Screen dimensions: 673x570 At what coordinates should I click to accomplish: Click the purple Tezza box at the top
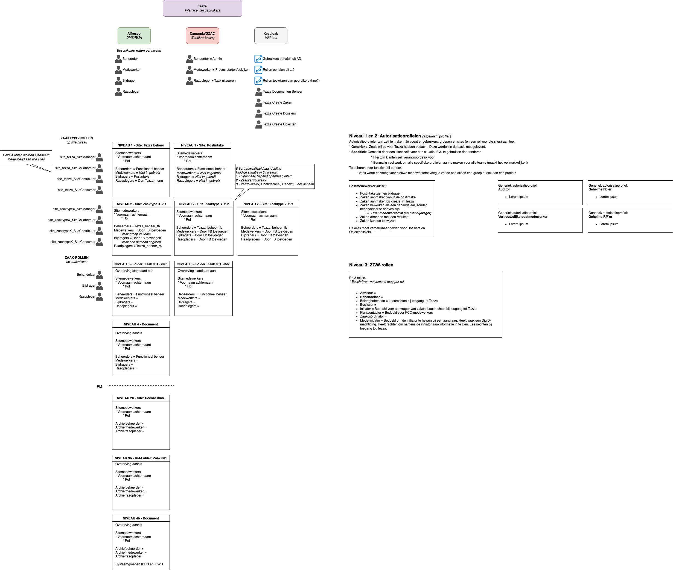pyautogui.click(x=202, y=8)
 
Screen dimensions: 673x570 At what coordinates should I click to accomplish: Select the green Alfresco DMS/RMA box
pyautogui.click(x=134, y=36)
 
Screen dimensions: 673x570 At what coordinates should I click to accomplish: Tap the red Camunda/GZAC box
pyautogui.click(x=202, y=36)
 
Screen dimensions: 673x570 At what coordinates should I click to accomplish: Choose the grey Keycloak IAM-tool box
pyautogui.click(x=271, y=36)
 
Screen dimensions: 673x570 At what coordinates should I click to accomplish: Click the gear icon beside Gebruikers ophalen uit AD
pyautogui.click(x=258, y=59)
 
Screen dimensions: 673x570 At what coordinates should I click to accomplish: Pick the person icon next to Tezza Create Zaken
pyautogui.click(x=259, y=102)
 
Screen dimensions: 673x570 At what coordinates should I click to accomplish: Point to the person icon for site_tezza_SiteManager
pyautogui.click(x=100, y=157)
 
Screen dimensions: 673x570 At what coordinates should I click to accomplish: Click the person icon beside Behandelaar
pyautogui.click(x=100, y=275)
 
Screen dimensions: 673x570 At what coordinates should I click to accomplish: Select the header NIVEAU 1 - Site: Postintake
pyautogui.click(x=202, y=145)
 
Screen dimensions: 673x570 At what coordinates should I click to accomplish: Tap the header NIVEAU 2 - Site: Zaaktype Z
pyautogui.click(x=268, y=204)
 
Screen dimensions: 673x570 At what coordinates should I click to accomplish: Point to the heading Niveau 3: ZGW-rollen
pyautogui.click(x=371, y=265)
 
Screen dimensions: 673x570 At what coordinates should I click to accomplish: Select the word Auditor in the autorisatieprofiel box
pyautogui.click(x=504, y=189)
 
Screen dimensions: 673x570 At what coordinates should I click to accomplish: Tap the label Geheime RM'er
pyautogui.click(x=600, y=217)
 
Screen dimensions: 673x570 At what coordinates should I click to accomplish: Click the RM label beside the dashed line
pyautogui.click(x=99, y=386)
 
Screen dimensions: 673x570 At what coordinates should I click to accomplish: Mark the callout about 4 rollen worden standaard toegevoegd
pyautogui.click(x=26, y=157)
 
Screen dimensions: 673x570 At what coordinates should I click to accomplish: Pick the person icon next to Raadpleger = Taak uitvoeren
pyautogui.click(x=190, y=81)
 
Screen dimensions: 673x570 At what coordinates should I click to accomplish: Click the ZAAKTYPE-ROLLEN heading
pyautogui.click(x=77, y=138)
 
